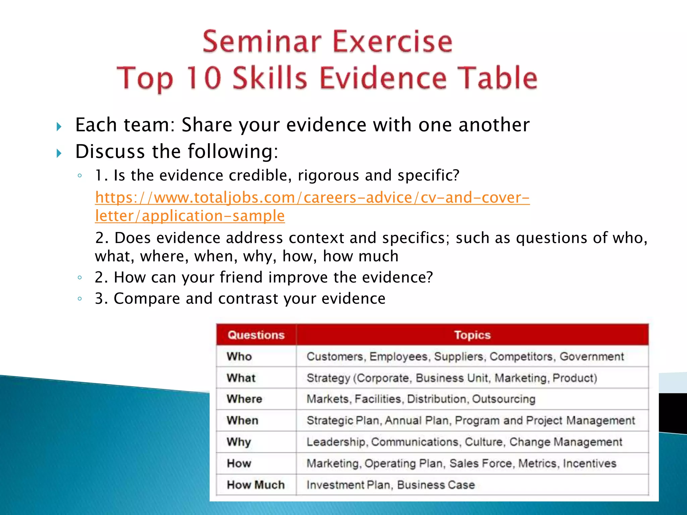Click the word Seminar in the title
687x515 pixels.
262,42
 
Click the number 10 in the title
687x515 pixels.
204,78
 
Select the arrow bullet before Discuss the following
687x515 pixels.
59,154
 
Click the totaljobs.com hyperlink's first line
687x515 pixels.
312,197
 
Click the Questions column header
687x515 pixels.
256,335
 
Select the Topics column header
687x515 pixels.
472,335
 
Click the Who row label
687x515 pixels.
239,356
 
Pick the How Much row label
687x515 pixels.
256,485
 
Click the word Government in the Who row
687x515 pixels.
591,356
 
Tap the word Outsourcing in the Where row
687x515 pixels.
504,399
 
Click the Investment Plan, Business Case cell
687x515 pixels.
390,485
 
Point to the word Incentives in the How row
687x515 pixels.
589,463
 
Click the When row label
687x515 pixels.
242,420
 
